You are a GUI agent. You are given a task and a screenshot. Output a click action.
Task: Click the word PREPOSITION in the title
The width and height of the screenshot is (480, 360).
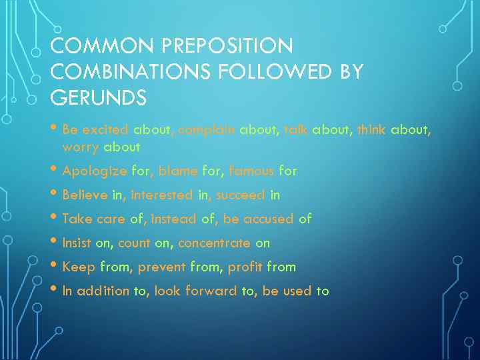pos(228,46)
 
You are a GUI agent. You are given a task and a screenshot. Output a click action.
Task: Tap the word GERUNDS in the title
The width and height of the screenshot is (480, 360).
pos(99,98)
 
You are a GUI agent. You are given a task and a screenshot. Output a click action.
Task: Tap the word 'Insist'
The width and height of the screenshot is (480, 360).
pos(77,243)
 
